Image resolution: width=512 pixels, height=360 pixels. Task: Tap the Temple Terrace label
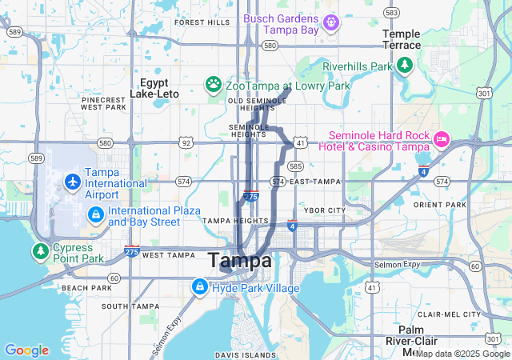[x=402, y=39]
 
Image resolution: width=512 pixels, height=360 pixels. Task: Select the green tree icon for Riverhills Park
[x=406, y=65]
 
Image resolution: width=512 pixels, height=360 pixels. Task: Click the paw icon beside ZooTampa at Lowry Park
[x=214, y=84]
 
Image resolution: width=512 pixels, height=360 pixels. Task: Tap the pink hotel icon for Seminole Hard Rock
[x=441, y=140]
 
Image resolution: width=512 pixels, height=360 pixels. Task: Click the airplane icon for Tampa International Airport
[x=72, y=182]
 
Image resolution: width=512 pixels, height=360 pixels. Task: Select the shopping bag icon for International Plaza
[x=95, y=214]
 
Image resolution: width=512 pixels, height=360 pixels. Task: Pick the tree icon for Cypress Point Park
[x=40, y=251]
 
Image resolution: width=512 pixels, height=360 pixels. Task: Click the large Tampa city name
[x=239, y=261]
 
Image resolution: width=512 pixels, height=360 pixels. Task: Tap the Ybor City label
[x=325, y=210]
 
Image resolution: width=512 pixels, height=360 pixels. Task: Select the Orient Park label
[x=439, y=205]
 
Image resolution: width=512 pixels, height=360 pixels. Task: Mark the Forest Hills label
[x=202, y=22]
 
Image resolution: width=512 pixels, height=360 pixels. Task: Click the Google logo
[x=26, y=350]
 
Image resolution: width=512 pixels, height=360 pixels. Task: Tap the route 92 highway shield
[x=186, y=142]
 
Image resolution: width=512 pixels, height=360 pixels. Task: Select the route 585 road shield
[x=296, y=166]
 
